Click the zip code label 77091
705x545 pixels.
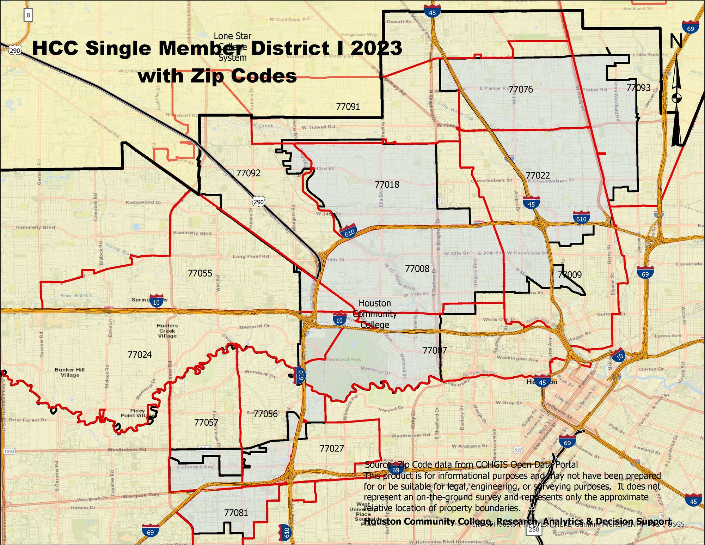pos(348,107)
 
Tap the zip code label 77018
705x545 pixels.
pos(387,184)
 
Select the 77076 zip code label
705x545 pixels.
pos(521,89)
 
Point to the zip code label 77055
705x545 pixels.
pos(200,273)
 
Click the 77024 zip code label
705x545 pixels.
pos(140,355)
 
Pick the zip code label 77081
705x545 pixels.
pos(236,513)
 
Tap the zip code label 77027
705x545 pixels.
pos(331,448)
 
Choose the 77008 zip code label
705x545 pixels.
pos(417,269)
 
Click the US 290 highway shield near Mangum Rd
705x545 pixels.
pos(258,202)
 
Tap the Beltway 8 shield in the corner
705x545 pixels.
pos(28,15)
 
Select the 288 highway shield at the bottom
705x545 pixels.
pos(534,529)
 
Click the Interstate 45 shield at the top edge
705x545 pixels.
pos(432,12)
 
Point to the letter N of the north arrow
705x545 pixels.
pos(676,41)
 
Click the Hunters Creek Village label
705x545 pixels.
pos(167,331)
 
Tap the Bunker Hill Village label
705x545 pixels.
pos(70,372)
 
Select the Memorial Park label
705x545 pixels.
pos(344,359)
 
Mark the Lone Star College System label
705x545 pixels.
pos(233,47)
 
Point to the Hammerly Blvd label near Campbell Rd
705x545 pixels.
pos(35,227)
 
